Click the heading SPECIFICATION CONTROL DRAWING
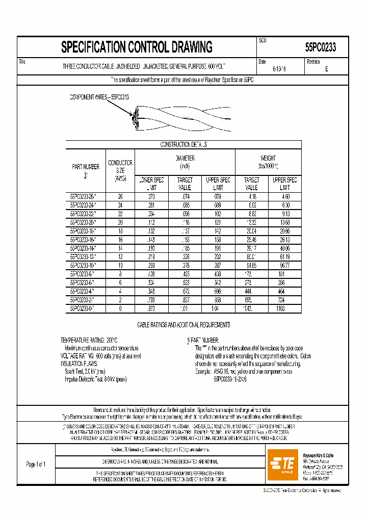pos(137,47)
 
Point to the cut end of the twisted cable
pos(135,119)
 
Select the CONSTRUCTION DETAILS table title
pos(183,145)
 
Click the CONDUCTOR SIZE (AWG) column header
pos(120,170)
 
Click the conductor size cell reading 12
pos(120,256)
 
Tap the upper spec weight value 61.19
pos(284,256)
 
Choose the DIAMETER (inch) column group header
pos(185,162)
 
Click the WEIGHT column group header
pos(268,162)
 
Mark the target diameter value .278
pos(185,265)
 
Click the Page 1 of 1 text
pos(36,464)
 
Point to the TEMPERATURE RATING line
pos(89,340)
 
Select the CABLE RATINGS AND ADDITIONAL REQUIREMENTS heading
pos(183,325)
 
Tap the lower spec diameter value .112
pos(151,222)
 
